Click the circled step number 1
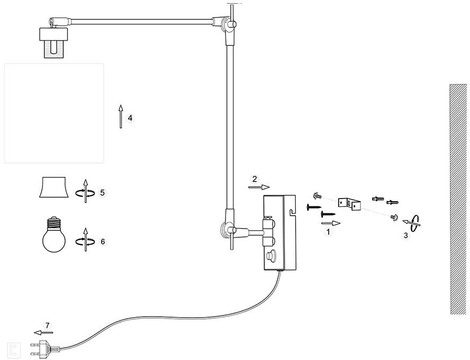[x=328, y=231]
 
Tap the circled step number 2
[x=255, y=178]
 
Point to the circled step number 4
[x=131, y=118]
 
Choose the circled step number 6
[x=103, y=241]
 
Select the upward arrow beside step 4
[x=121, y=116]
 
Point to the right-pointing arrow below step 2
[x=259, y=187]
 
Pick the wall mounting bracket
[x=350, y=202]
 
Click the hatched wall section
[x=458, y=199]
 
